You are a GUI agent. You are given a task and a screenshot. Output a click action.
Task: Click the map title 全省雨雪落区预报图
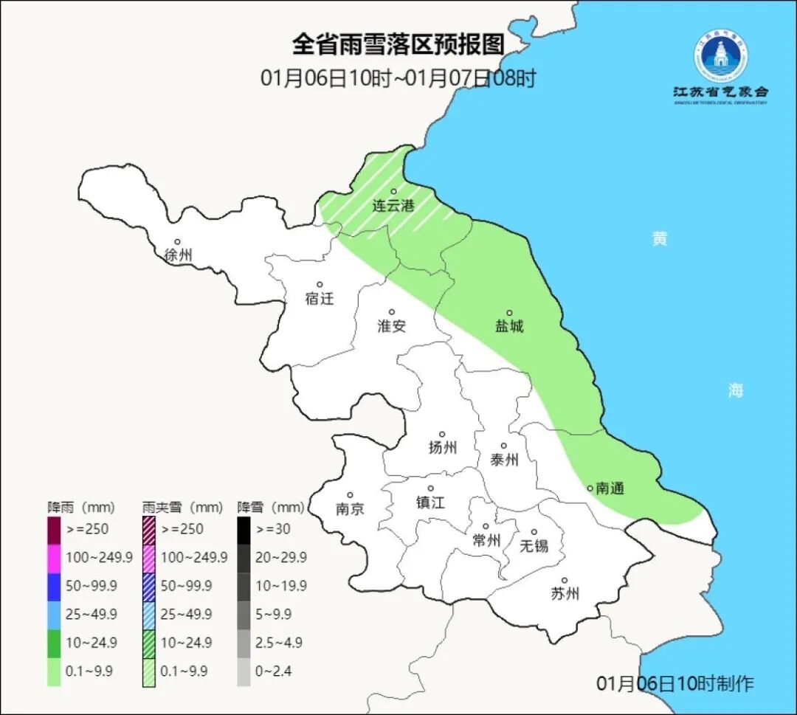click(398, 44)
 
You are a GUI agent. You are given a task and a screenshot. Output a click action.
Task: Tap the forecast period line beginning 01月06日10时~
click(398, 77)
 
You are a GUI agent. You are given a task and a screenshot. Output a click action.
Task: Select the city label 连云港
click(393, 206)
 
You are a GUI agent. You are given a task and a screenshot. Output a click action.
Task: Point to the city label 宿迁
click(320, 298)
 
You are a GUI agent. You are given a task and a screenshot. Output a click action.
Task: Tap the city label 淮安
click(392, 325)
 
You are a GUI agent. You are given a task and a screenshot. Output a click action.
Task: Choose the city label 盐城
click(508, 326)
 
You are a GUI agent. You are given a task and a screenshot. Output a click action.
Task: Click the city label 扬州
click(442, 447)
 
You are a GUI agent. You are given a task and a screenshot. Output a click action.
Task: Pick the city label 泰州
click(504, 460)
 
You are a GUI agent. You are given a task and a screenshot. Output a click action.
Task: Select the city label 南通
click(610, 488)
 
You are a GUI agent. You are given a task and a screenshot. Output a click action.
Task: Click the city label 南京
click(349, 509)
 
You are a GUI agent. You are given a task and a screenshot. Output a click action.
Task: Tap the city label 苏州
click(565, 594)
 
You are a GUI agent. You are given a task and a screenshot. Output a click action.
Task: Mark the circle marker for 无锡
click(534, 532)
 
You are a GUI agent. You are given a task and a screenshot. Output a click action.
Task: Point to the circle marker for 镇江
click(430, 488)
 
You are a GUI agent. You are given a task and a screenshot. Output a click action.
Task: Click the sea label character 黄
click(659, 239)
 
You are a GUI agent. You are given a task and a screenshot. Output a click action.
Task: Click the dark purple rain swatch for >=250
click(54, 529)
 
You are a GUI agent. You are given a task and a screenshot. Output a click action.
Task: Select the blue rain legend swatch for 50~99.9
click(54, 586)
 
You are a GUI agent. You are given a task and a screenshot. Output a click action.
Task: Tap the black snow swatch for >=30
click(244, 529)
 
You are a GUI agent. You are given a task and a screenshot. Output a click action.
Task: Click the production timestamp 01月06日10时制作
click(674, 683)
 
